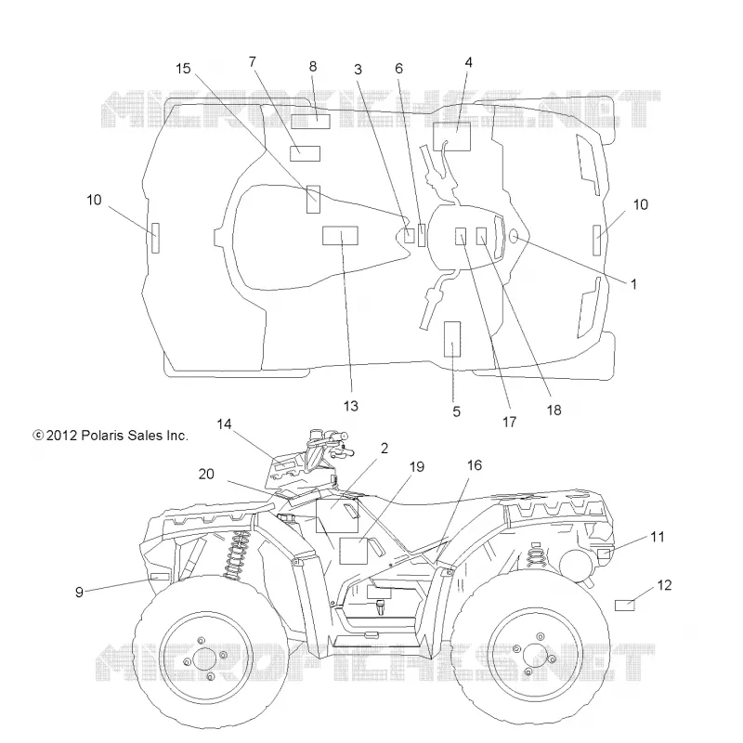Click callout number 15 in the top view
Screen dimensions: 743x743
[x=183, y=69]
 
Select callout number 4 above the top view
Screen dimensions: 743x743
[x=469, y=62]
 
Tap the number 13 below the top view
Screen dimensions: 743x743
[x=351, y=406]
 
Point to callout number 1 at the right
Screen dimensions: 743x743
[x=633, y=284]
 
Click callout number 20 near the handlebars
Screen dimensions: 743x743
[x=206, y=474]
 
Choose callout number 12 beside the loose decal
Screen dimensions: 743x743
[x=664, y=585]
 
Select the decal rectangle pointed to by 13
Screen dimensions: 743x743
[x=340, y=236]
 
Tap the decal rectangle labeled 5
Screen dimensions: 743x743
[x=452, y=339]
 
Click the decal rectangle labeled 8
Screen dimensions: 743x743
[x=310, y=122]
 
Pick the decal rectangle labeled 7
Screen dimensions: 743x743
[x=306, y=153]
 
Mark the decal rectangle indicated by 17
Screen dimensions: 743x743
[x=461, y=237]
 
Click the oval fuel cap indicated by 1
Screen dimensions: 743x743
[x=514, y=236]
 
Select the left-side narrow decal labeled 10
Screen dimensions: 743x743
[x=155, y=238]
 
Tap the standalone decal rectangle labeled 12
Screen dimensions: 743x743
[x=624, y=606]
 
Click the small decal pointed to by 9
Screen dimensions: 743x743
[x=159, y=577]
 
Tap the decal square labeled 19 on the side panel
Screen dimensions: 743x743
[x=354, y=551]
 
